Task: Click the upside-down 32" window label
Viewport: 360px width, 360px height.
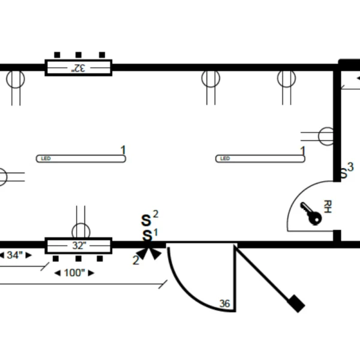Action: [x=78, y=68]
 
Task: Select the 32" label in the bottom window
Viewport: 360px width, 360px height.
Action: [x=79, y=245]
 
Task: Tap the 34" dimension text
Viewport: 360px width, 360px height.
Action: [x=14, y=255]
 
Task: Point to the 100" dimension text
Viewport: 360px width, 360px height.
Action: [x=74, y=273]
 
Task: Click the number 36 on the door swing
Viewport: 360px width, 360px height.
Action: [x=224, y=304]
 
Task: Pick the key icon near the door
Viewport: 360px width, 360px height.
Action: [x=311, y=214]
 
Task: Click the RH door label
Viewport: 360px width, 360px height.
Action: [x=328, y=206]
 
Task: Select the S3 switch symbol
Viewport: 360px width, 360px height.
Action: [x=346, y=170]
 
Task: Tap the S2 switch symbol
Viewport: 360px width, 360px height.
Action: [x=149, y=218]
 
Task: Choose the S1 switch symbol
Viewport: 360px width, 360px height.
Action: [x=149, y=235]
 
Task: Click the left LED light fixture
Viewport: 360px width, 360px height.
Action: [x=81, y=158]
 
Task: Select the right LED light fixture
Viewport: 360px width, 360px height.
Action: [x=260, y=158]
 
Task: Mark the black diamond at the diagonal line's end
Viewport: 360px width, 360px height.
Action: [x=296, y=304]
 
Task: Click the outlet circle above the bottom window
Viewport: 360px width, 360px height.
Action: [x=81, y=231]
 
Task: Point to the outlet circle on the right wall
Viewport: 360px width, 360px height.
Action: [x=326, y=136]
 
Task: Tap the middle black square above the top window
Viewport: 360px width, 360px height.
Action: [x=79, y=55]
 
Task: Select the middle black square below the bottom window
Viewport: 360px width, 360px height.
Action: [x=79, y=259]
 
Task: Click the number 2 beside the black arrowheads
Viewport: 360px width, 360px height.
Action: [x=136, y=260]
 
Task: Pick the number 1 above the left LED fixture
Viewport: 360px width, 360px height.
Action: [x=123, y=150]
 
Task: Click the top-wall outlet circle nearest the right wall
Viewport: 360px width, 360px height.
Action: [x=287, y=78]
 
